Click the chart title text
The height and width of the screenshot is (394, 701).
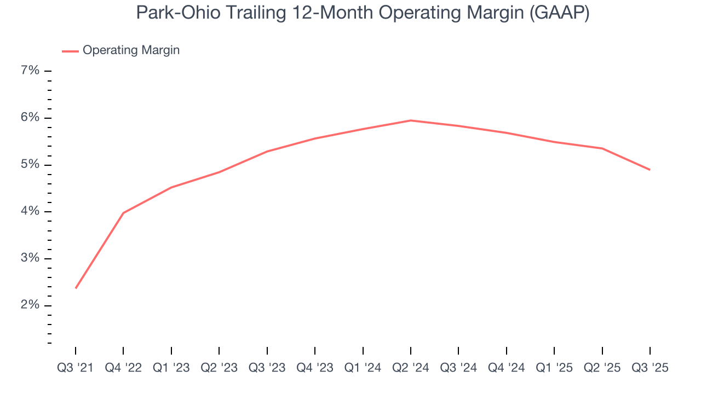coord(363,13)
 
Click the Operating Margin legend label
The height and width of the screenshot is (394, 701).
coord(131,50)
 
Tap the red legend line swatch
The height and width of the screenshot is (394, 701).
coord(70,51)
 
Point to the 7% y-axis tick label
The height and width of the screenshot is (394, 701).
coord(30,71)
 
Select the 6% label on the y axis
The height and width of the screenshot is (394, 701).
coord(30,118)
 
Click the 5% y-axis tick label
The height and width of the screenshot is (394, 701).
coord(30,165)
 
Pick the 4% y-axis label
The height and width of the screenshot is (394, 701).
coord(30,211)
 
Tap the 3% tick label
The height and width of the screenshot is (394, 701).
coord(30,258)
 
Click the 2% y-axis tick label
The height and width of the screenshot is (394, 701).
coord(30,305)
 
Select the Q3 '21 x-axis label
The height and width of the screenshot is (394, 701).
coord(76,368)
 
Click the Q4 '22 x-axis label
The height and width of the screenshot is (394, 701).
coord(123,368)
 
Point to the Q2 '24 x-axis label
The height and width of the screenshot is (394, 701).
coord(411,368)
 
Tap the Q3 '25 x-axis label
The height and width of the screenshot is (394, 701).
coord(650,368)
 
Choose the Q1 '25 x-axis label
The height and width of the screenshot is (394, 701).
coord(554,368)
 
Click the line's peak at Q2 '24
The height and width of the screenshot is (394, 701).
coord(411,120)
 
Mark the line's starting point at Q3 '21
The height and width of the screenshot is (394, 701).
coord(76,288)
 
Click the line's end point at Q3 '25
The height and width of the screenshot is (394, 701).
coord(650,170)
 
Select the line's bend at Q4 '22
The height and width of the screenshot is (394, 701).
coord(123,213)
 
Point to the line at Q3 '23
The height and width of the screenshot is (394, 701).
coord(267,152)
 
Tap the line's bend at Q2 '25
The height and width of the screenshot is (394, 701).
coord(602,148)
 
